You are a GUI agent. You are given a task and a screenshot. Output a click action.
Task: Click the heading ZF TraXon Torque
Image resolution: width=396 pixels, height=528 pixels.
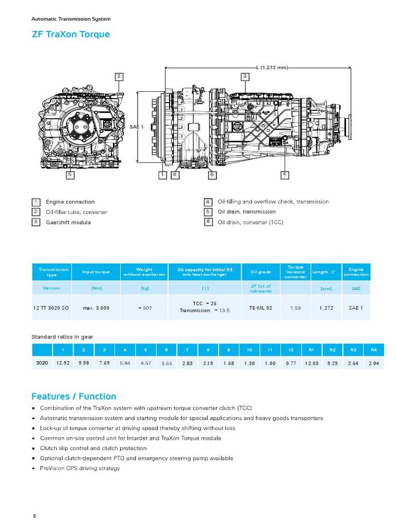(71, 35)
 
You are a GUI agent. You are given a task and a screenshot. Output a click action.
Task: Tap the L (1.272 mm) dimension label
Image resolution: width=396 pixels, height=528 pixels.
(272, 68)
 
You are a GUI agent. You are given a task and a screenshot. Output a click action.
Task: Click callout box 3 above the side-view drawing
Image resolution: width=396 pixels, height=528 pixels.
(245, 76)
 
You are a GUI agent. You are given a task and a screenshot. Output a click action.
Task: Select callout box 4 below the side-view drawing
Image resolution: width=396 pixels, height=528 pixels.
(284, 175)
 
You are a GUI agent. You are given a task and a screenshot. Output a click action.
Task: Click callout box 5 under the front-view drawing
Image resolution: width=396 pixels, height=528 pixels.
(70, 175)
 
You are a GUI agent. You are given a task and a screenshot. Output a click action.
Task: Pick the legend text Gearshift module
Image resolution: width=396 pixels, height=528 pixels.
(68, 222)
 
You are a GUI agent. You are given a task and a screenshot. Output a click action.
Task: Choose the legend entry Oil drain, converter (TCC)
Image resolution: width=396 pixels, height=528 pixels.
(251, 222)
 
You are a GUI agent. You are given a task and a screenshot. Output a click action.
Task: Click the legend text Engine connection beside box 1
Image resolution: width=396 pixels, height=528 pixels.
(70, 202)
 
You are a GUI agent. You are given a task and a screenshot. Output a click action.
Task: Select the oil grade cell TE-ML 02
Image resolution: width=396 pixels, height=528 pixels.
(260, 308)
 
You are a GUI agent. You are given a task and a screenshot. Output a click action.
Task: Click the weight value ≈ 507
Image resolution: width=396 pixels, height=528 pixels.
(144, 308)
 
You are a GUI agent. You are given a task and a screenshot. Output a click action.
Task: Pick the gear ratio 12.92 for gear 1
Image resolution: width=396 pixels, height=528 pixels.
(63, 363)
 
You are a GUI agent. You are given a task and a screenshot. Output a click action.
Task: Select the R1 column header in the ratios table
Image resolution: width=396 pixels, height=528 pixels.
(311, 350)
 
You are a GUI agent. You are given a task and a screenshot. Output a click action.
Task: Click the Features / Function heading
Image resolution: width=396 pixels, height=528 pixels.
(74, 397)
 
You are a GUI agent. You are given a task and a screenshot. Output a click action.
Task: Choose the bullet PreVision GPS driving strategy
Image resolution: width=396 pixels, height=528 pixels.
(79, 468)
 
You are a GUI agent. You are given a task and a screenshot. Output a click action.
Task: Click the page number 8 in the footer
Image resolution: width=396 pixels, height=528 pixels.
(34, 516)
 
